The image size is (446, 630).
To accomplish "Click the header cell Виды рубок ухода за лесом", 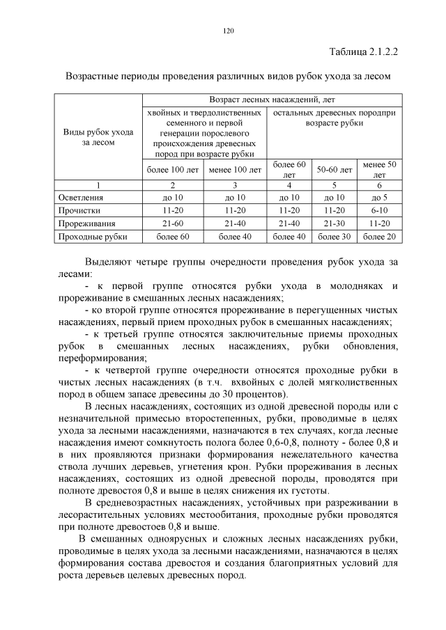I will point(98,136).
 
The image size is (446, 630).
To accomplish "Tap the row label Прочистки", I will point(79,210).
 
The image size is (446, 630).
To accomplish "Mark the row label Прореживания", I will point(86,223).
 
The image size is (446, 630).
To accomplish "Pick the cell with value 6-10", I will point(379,210).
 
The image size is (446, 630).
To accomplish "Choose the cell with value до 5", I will point(379,198).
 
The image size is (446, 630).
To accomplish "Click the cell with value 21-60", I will point(172,223).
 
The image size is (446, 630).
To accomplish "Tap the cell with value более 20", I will point(379,237).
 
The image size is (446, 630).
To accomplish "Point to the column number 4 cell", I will point(289,185).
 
